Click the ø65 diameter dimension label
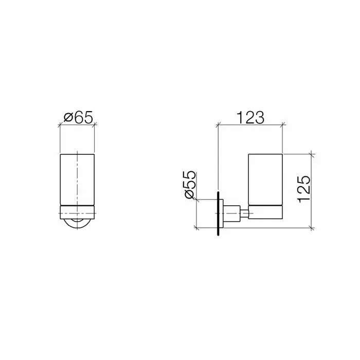click(x=78, y=117)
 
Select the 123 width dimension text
click(x=250, y=118)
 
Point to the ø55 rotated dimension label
click(x=190, y=185)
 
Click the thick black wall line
click(x=218, y=213)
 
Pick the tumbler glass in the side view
click(x=265, y=179)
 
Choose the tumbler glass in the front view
click(x=77, y=179)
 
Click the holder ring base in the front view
click(x=77, y=212)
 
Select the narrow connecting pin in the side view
click(x=244, y=213)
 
